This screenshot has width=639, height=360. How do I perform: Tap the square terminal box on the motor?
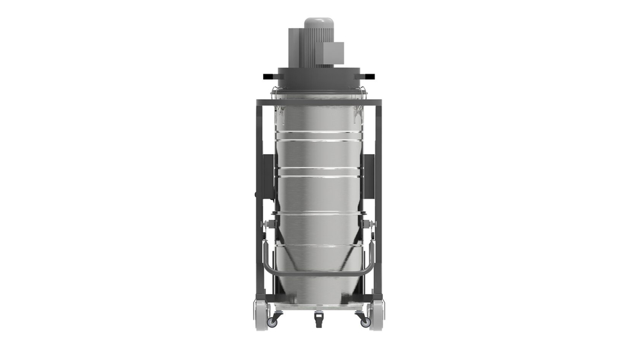pyautogui.click(x=334, y=53)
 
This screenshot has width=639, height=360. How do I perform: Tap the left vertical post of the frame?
pyautogui.click(x=259, y=192)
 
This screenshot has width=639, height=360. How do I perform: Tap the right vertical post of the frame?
pyautogui.click(x=378, y=192)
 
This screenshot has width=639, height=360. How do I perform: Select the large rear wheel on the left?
pyautogui.click(x=261, y=315)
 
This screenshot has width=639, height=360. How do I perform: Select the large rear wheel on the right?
pyautogui.click(x=377, y=315)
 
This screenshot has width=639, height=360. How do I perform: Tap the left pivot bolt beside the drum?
pyautogui.click(x=267, y=224)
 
